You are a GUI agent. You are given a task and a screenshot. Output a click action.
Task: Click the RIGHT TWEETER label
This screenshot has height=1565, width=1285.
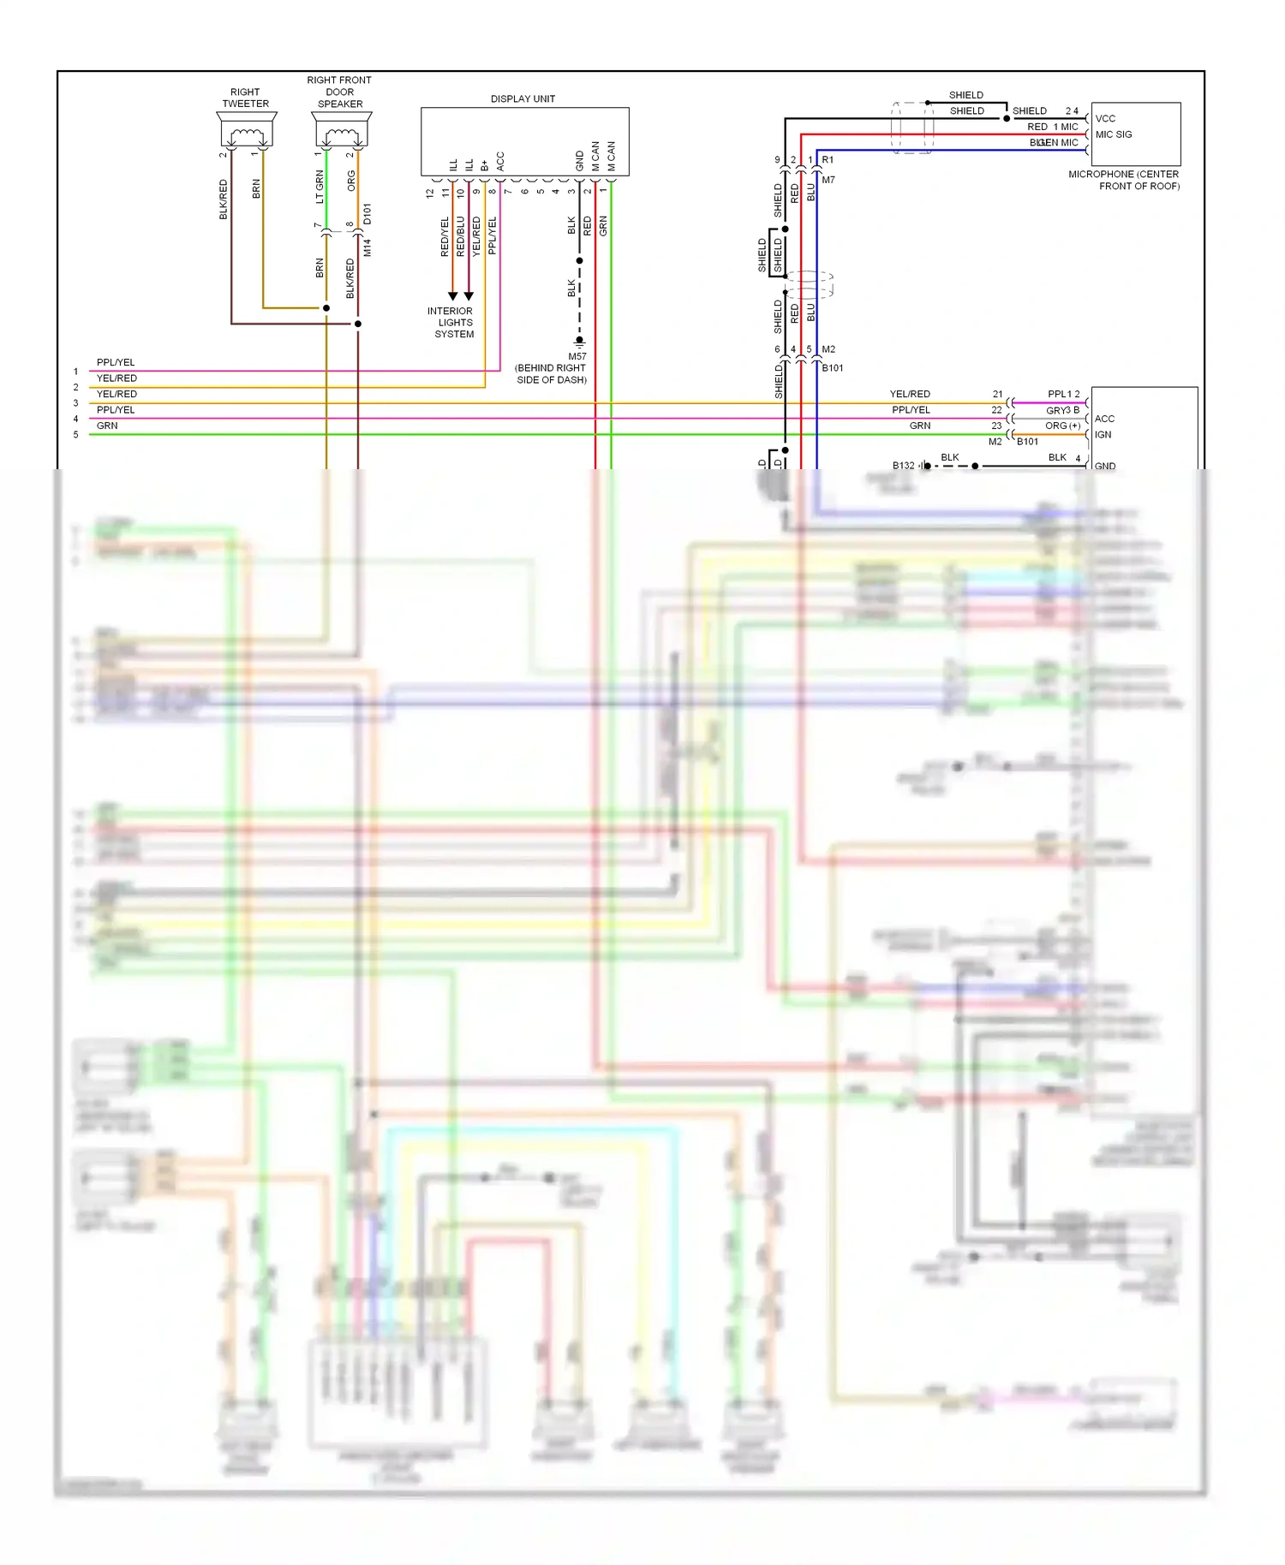(x=245, y=98)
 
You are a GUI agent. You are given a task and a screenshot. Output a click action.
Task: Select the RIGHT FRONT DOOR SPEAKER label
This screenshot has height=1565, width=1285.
(x=340, y=92)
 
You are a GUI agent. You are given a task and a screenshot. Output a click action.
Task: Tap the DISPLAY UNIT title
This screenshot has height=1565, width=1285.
(x=523, y=98)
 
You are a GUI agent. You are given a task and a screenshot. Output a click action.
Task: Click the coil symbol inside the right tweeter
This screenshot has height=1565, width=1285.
(x=247, y=134)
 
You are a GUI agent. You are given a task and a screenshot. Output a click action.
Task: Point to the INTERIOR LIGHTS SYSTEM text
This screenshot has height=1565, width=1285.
(x=451, y=323)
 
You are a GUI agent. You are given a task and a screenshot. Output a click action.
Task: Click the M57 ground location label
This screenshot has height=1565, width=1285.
(x=577, y=356)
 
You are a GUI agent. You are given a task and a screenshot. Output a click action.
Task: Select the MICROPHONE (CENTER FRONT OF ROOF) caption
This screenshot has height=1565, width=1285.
(x=1124, y=180)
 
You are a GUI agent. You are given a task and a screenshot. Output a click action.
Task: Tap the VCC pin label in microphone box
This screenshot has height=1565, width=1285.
(x=1105, y=118)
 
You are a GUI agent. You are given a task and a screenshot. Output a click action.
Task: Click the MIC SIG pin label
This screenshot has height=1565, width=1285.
(x=1114, y=134)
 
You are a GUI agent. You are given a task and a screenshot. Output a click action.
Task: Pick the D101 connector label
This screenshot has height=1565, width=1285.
(x=368, y=214)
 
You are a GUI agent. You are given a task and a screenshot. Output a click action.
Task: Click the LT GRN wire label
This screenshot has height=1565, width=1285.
(x=320, y=187)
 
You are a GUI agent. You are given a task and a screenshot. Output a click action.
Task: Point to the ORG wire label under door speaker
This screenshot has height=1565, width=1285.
(x=351, y=181)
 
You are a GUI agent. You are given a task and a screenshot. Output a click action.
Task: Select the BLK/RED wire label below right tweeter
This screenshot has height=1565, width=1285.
(x=224, y=199)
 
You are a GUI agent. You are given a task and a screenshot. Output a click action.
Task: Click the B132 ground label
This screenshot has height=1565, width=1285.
(x=903, y=466)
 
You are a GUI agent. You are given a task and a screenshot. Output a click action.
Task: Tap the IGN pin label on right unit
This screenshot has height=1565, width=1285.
(x=1103, y=435)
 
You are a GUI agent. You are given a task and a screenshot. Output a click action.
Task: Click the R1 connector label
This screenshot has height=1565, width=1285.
(x=828, y=160)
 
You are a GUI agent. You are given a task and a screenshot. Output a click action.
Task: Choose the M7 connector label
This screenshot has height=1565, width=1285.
(x=828, y=180)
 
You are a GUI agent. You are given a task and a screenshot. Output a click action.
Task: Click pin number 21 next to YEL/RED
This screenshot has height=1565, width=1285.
(x=997, y=394)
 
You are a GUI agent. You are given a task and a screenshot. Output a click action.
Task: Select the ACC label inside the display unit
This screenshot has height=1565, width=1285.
(x=500, y=161)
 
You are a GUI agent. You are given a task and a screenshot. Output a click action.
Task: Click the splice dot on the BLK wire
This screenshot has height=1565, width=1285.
(x=580, y=260)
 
